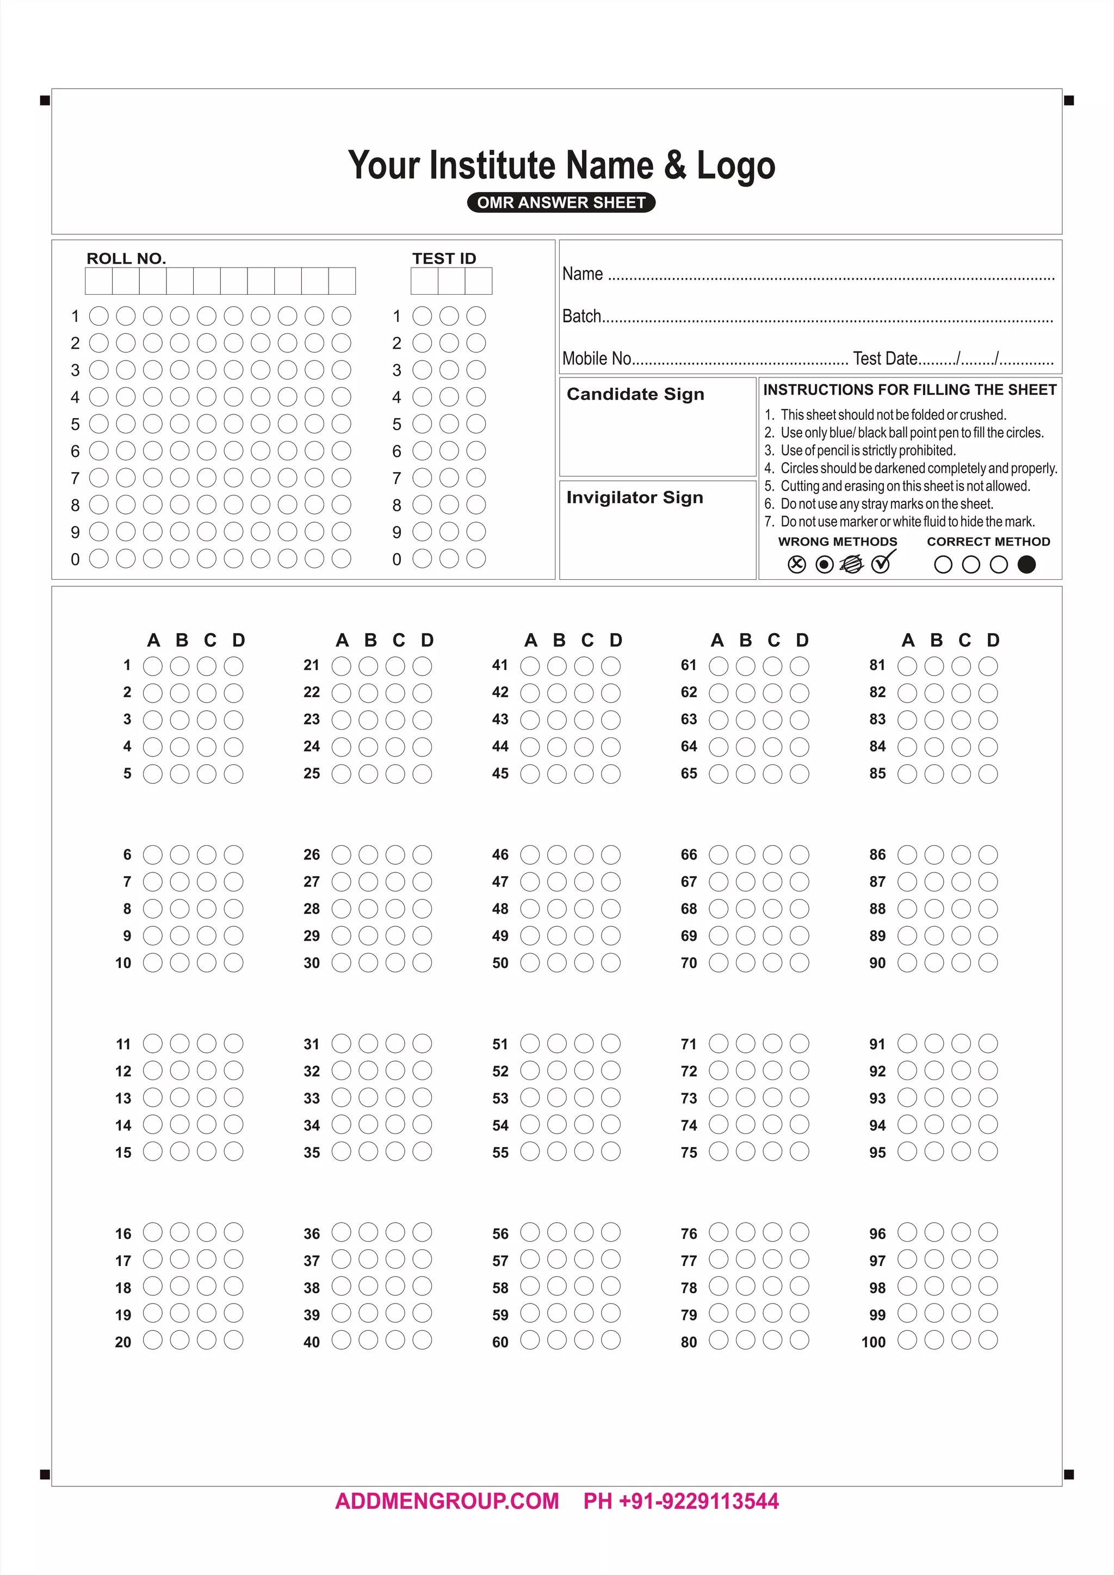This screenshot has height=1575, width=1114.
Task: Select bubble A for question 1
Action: click(x=152, y=665)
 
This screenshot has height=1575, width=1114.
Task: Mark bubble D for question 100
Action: click(x=988, y=1340)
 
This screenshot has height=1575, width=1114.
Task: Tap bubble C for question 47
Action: click(x=584, y=882)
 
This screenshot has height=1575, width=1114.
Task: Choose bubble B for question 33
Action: click(x=368, y=1097)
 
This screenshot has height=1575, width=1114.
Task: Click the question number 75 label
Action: click(x=689, y=1152)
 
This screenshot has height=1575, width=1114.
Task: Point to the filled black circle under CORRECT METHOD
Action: click(x=1026, y=564)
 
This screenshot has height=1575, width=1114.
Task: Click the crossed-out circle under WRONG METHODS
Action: click(x=796, y=564)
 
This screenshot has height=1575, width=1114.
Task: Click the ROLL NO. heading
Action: click(x=126, y=259)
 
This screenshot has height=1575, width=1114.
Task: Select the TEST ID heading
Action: click(x=444, y=259)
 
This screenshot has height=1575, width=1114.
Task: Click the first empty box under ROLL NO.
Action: click(x=99, y=281)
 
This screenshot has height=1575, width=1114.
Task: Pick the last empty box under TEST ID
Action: click(x=478, y=281)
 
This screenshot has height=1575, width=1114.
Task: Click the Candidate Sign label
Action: click(x=635, y=394)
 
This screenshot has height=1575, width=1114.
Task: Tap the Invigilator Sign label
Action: click(x=635, y=497)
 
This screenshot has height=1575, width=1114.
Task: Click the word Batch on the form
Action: click(x=581, y=316)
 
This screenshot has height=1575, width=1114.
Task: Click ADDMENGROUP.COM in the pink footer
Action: click(x=447, y=1501)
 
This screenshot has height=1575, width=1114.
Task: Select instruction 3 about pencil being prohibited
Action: click(x=867, y=451)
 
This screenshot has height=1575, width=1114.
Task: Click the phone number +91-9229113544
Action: click(x=698, y=1501)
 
